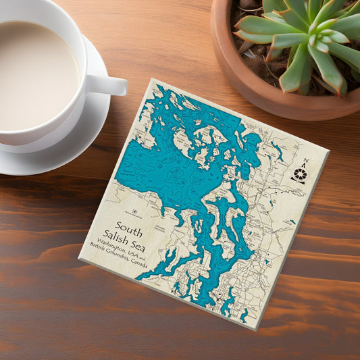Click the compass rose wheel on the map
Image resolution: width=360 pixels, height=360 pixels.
click(299, 175)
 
